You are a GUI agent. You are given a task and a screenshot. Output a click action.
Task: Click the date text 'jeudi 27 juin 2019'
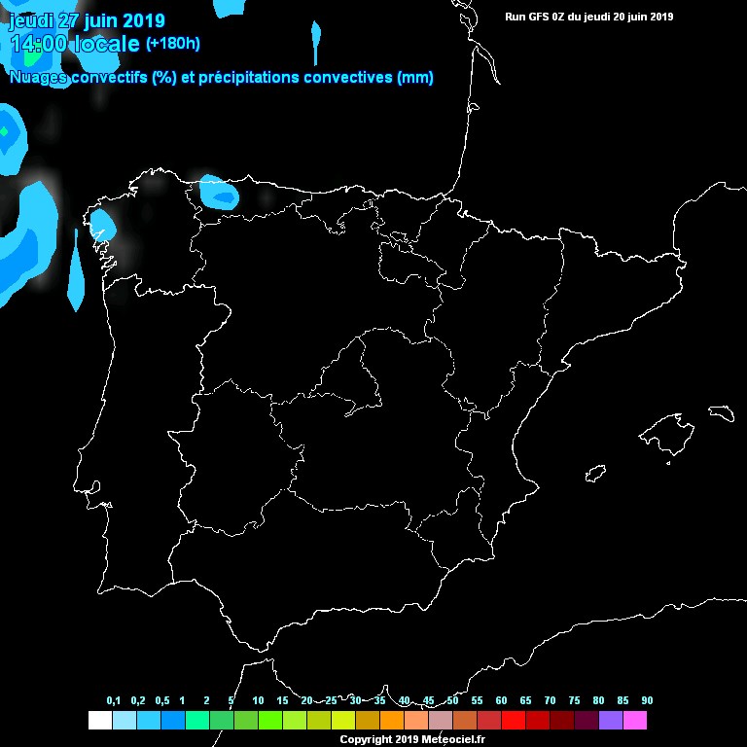[x=87, y=20]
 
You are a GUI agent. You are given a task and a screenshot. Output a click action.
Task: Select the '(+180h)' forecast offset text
[x=172, y=44]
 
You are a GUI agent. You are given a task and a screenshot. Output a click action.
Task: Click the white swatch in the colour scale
[x=99, y=721]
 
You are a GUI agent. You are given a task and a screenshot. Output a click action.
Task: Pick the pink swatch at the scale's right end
[x=635, y=721]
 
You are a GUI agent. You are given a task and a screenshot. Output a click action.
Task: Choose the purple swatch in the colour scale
[x=611, y=721]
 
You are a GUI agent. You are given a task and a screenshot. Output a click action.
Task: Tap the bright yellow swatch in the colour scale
[x=343, y=721]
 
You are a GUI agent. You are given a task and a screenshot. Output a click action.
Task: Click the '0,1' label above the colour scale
[x=114, y=701]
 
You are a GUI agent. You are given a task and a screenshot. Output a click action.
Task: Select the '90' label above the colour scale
[x=647, y=701]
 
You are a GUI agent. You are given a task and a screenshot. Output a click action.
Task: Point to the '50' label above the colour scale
[x=452, y=701]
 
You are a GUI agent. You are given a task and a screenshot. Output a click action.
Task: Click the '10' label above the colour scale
[x=258, y=701]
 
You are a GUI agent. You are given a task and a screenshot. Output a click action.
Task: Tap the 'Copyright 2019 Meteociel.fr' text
[x=412, y=740]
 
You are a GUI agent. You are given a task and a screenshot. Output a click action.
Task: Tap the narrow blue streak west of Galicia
[x=75, y=272]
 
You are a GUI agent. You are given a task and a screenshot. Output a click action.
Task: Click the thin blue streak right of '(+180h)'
[x=315, y=44]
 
